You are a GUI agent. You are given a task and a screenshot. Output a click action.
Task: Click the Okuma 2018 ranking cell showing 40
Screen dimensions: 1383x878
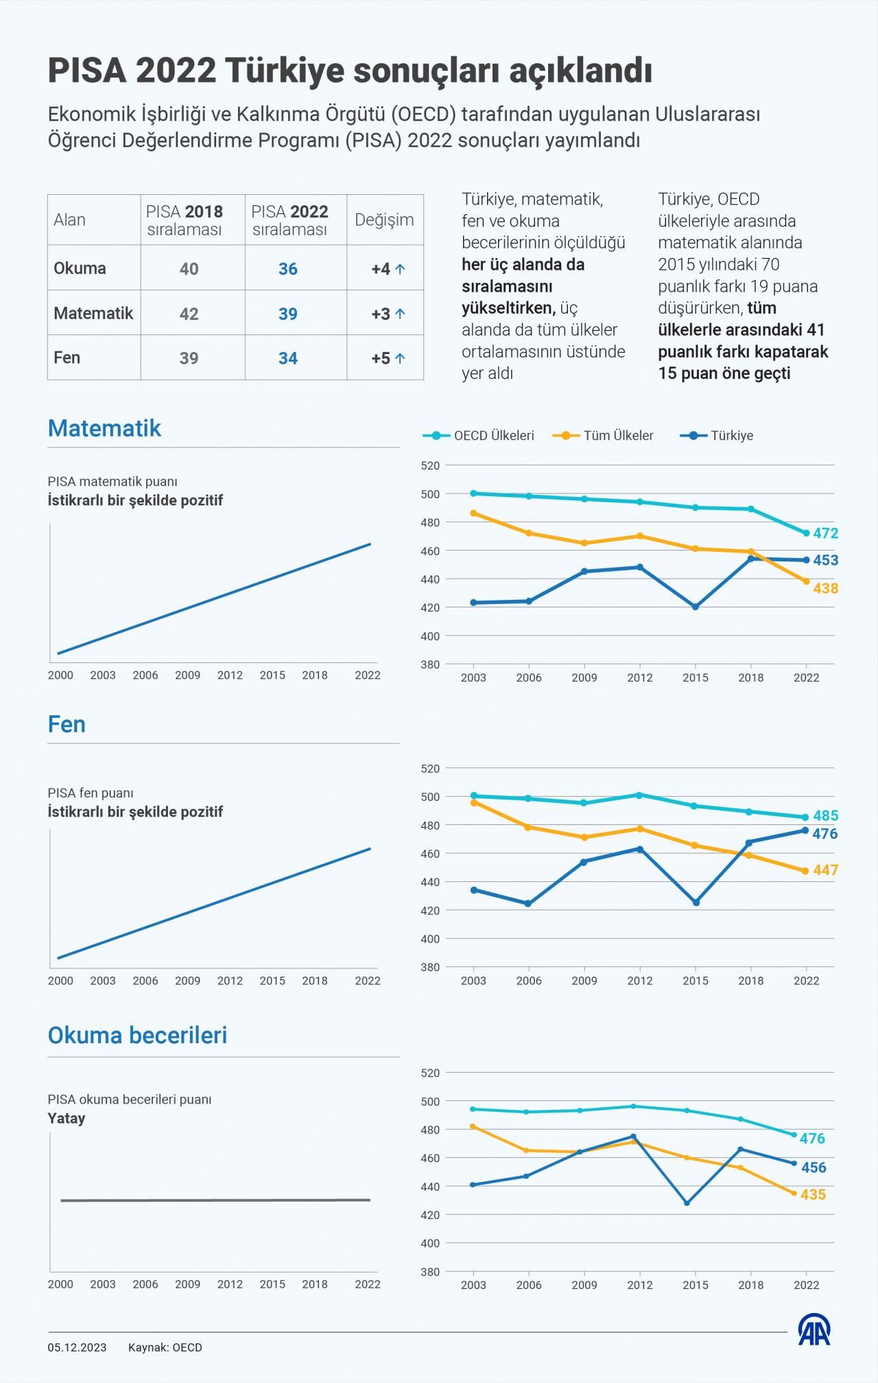189,268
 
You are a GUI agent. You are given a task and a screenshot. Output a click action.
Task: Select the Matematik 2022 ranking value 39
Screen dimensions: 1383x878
287,314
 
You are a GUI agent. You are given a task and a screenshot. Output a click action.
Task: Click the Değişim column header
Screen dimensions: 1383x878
384,220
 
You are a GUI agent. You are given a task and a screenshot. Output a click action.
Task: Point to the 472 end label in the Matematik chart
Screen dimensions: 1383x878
826,533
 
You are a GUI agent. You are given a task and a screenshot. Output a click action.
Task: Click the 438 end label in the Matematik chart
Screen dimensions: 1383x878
826,588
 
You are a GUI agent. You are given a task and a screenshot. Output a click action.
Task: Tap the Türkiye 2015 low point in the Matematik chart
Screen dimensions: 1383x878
696,607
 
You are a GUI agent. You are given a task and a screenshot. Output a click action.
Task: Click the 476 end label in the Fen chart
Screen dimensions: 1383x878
826,834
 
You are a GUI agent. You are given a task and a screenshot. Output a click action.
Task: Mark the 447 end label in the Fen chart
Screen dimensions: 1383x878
826,870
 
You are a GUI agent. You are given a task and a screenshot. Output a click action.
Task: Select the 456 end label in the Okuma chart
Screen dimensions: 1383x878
814,1167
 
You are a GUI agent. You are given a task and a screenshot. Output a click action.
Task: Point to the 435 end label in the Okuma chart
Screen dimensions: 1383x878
813,1194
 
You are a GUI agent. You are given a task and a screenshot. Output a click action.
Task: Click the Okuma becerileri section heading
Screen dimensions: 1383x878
137,1035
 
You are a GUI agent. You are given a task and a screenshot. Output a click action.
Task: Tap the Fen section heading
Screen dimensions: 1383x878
67,724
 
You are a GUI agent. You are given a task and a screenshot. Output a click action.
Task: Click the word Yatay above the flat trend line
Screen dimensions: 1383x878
67,1118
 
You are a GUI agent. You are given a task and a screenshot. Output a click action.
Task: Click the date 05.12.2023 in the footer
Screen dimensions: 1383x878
77,1347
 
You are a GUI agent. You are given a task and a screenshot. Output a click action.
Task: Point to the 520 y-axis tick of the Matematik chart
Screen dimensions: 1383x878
430,465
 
